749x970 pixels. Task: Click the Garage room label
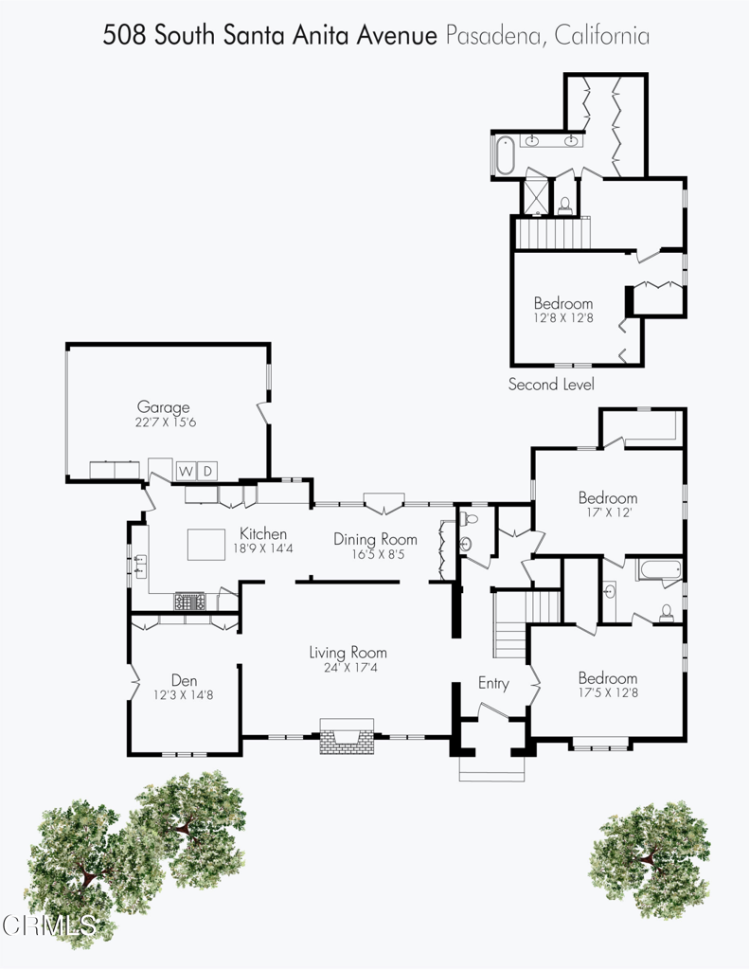click(163, 407)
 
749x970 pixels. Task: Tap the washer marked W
click(186, 472)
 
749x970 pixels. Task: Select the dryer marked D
click(207, 472)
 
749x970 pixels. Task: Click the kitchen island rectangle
click(206, 545)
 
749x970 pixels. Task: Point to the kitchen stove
click(190, 602)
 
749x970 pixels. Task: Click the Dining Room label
click(375, 539)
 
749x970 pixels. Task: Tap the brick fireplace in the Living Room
click(347, 736)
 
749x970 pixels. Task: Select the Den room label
click(184, 680)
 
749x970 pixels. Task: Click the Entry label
click(493, 684)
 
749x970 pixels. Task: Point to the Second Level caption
click(551, 385)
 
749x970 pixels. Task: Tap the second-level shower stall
click(536, 196)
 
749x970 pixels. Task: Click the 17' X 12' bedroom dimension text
click(609, 512)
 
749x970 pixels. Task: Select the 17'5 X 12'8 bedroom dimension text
click(608, 692)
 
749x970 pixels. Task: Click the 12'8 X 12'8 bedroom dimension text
click(563, 318)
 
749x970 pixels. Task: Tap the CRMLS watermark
click(49, 925)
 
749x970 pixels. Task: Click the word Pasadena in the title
click(494, 35)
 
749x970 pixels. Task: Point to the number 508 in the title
click(124, 35)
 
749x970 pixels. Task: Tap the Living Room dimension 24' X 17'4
click(350, 668)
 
